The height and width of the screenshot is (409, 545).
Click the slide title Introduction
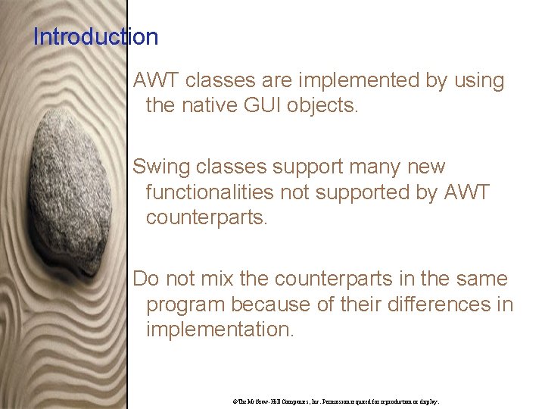click(x=95, y=36)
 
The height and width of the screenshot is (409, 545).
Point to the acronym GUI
click(x=259, y=105)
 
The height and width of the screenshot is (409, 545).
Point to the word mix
click(x=218, y=279)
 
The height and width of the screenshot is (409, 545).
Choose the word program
click(x=185, y=304)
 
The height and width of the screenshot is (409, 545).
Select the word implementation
click(x=219, y=329)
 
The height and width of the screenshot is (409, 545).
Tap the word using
click(x=478, y=80)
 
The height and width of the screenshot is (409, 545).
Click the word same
click(x=481, y=279)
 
